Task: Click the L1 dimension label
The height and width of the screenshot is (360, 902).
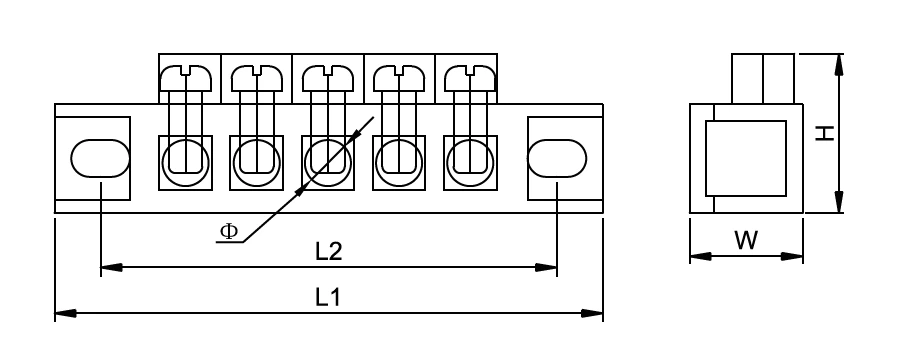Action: [329, 297]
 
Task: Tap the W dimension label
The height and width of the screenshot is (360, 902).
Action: [746, 241]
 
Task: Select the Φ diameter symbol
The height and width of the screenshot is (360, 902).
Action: [229, 231]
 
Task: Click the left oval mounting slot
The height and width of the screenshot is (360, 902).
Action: [100, 158]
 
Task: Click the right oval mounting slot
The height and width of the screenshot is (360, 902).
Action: [557, 158]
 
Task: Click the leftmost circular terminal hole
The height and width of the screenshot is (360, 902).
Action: [186, 157]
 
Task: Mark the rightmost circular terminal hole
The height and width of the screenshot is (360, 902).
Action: [469, 157]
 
